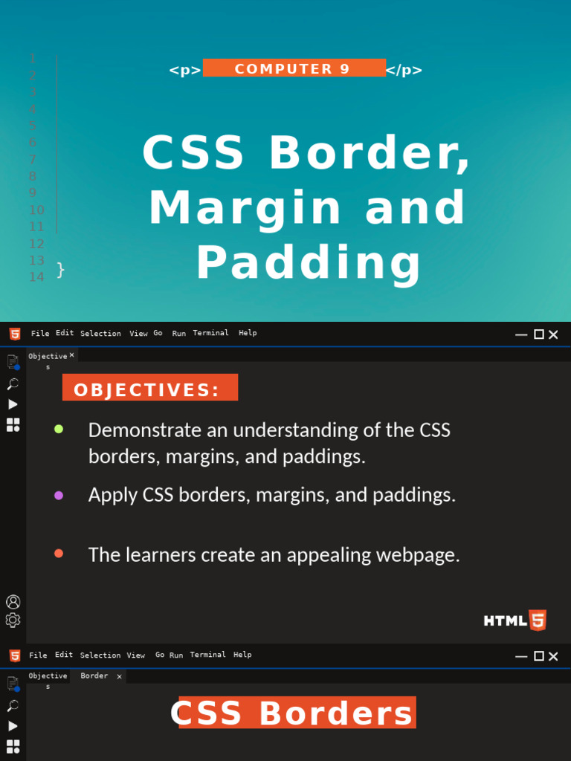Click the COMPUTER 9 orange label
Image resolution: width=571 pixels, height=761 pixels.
coord(294,68)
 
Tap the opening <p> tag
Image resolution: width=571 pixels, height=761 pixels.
coord(184,71)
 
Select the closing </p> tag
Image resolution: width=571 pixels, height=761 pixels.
coord(404,71)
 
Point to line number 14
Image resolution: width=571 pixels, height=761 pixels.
coord(36,276)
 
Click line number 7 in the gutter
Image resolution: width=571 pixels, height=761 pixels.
coord(33,159)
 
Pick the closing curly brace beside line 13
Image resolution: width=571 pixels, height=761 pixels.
coord(61,270)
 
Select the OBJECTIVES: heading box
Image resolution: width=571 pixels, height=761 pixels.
coord(149,388)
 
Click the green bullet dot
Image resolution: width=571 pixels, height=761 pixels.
coord(59,429)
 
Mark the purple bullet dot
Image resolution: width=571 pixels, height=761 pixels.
coord(59,495)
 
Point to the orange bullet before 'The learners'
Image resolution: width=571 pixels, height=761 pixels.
coord(59,554)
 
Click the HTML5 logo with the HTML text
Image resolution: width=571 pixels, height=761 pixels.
coord(515,620)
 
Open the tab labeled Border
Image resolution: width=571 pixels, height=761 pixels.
coord(94,676)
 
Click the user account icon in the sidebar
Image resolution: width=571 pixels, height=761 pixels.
coord(13,601)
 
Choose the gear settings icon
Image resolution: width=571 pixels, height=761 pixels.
coord(13,620)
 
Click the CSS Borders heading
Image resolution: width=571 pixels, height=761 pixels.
coord(292,713)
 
